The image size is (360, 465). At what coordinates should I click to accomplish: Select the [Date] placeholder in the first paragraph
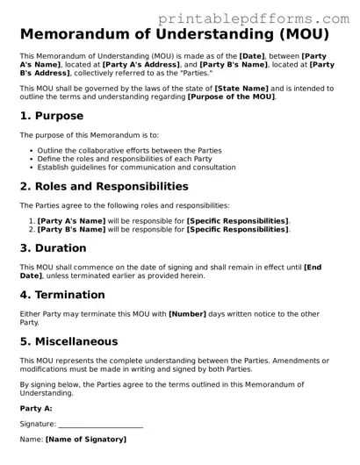tap(256, 55)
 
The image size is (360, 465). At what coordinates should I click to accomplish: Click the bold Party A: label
tap(36, 408)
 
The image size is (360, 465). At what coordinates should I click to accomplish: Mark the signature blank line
tap(100, 425)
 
